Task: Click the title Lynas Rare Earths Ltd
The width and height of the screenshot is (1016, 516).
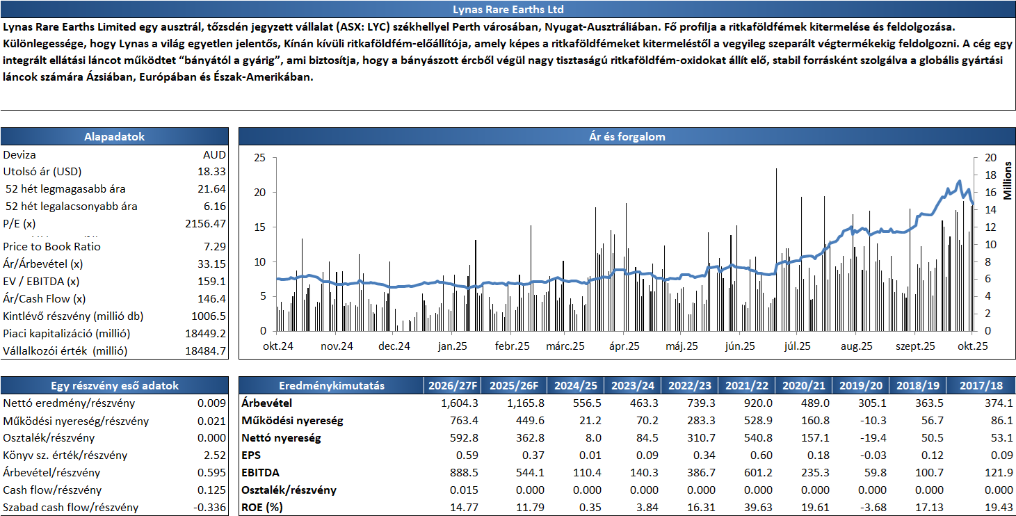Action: pos(508,9)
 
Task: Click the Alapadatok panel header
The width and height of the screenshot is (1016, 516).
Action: pos(114,137)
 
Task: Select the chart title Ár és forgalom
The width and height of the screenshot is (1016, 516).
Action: pos(627,137)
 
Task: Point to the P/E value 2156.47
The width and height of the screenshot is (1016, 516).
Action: pos(205,223)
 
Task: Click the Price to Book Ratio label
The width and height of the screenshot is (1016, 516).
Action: pos(51,246)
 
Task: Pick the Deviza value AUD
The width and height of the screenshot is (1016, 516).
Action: pos(214,154)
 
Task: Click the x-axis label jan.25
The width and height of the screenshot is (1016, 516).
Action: pos(453,346)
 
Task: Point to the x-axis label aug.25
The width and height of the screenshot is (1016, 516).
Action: pos(857,346)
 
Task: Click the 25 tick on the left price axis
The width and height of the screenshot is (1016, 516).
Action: pos(259,158)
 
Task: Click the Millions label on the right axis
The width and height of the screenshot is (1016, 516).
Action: pos(1007,180)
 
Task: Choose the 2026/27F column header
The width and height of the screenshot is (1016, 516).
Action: pos(452,386)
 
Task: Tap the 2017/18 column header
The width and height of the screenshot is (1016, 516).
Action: pos(985,386)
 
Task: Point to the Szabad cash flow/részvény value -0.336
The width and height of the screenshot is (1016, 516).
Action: pos(210,508)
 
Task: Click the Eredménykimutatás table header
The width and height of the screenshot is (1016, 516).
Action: pos(331,386)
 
